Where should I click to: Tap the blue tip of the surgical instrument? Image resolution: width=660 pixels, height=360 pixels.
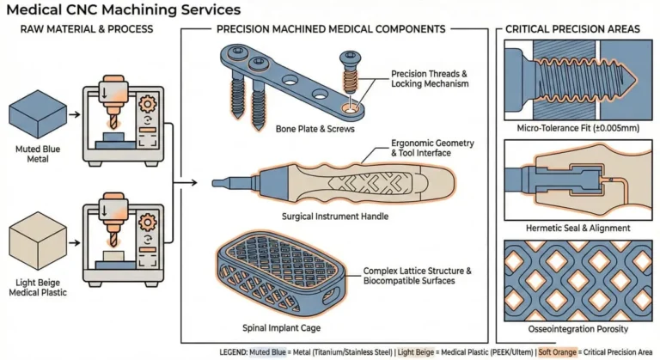(x=222, y=182)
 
